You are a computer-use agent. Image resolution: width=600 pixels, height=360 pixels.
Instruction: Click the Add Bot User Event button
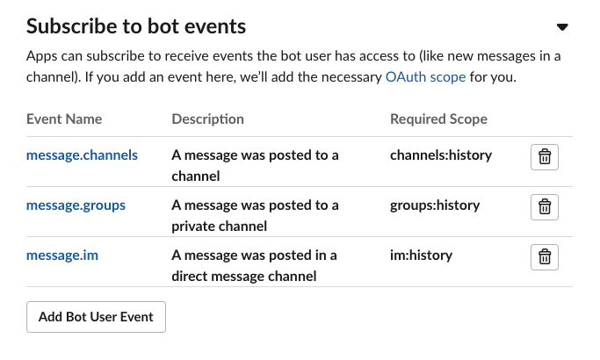pos(97,317)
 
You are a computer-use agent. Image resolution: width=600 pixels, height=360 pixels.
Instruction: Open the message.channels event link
pos(82,155)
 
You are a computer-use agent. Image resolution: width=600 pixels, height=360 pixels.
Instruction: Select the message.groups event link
pos(76,205)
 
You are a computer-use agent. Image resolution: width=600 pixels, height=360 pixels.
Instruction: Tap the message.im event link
pos(61,256)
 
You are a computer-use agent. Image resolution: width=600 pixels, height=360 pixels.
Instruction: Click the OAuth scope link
pos(425,77)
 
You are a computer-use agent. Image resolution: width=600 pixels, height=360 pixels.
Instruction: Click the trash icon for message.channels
pos(545,157)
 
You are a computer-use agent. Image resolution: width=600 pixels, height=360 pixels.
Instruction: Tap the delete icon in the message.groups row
pos(545,207)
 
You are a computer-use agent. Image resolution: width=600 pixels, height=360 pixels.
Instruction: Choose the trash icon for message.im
pos(545,257)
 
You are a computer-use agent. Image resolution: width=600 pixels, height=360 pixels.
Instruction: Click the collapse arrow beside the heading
pos(563,27)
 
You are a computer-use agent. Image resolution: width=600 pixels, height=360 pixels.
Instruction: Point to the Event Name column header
pos(64,119)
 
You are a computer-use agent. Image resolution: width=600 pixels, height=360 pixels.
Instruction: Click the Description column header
pos(207,119)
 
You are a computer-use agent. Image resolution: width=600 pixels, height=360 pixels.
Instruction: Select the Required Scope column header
pos(438,119)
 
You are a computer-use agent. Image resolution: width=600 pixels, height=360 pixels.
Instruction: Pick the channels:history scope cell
pos(441,155)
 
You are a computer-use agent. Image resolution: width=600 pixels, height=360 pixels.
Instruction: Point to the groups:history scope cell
pos(435,205)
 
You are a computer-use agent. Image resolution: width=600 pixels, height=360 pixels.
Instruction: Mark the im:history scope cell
pos(421,256)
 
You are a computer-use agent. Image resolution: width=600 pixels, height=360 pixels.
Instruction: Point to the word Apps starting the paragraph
pos(41,57)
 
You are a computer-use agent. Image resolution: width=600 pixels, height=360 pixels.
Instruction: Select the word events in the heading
pos(213,26)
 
